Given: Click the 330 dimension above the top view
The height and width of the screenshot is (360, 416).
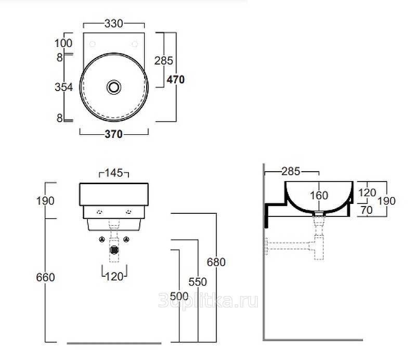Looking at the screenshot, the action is click(x=113, y=23).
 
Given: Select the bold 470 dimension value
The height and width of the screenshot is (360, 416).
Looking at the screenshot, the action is click(x=176, y=80).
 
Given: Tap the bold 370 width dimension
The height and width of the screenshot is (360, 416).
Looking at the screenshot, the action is click(x=113, y=134).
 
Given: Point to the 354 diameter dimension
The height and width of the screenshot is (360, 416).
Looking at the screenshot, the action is click(x=63, y=87).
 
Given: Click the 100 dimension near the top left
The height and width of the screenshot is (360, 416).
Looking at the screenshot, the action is click(x=63, y=43).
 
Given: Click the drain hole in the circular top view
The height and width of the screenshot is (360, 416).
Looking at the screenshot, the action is click(x=114, y=87).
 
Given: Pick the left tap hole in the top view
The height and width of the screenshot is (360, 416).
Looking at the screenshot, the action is click(x=93, y=44).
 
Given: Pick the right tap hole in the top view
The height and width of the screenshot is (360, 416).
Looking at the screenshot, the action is click(x=135, y=44).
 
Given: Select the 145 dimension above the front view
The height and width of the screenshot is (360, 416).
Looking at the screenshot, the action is click(x=114, y=173).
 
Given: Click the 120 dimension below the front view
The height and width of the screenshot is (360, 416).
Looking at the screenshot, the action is click(x=114, y=277).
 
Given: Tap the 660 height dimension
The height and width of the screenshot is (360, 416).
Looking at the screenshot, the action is click(x=45, y=277).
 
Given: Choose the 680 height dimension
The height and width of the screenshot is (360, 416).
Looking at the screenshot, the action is click(x=216, y=262).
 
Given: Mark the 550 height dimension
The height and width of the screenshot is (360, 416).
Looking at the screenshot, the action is click(x=198, y=282).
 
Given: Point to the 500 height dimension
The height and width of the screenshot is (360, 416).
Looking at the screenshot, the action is click(x=179, y=297).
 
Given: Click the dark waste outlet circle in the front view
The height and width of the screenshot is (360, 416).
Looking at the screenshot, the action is click(x=114, y=250).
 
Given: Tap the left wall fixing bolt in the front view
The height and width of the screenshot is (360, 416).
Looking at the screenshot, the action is click(x=101, y=239).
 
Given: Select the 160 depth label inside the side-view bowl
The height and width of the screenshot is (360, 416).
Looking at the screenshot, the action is click(x=319, y=196).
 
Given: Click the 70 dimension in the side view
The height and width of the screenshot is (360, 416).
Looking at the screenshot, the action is click(x=367, y=210).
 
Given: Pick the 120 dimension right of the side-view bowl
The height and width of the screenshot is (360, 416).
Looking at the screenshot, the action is click(x=367, y=192).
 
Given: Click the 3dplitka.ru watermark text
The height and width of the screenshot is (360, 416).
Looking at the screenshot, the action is click(x=208, y=301).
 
